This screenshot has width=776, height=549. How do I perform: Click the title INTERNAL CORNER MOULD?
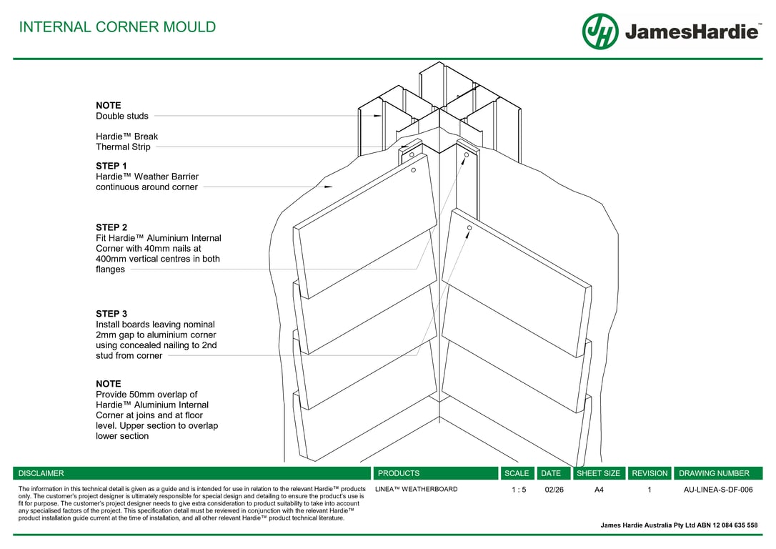coord(117,27)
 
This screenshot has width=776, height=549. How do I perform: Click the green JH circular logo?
coord(600,31)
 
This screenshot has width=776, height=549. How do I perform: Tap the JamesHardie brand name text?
coord(692,32)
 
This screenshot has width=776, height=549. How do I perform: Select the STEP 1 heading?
coord(111,166)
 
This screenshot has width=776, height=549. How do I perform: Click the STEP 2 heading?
coord(111,227)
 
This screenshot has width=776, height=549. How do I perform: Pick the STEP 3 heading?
coord(111,314)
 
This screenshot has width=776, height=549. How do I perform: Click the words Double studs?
coord(122,116)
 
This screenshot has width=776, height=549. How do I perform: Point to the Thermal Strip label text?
coord(123,147)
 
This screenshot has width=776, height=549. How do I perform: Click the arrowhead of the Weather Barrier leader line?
coord(329,187)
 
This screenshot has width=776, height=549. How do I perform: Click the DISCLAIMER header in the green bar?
coord(41,473)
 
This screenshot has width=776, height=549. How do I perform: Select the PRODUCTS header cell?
coord(399,473)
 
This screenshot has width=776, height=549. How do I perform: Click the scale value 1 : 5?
coord(519,490)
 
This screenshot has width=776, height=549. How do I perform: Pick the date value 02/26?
coord(554,490)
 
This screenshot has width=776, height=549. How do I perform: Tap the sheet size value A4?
coord(599,490)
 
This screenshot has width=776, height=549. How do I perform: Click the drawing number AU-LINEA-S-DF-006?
coord(718,490)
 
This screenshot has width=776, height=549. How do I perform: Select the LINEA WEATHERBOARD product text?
coord(417,490)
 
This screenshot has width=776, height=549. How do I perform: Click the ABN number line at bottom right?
coord(679,525)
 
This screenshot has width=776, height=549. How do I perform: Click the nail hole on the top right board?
coord(469,228)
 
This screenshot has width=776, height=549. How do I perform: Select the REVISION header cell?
coord(650,473)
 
